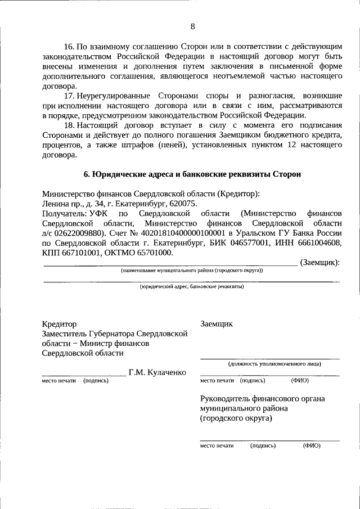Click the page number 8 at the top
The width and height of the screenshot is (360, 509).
192,26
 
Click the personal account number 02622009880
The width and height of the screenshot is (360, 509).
78,232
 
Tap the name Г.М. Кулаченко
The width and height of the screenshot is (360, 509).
157,372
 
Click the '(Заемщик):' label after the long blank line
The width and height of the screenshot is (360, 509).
320,262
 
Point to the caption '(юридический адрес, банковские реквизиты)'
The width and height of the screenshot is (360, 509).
191,286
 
